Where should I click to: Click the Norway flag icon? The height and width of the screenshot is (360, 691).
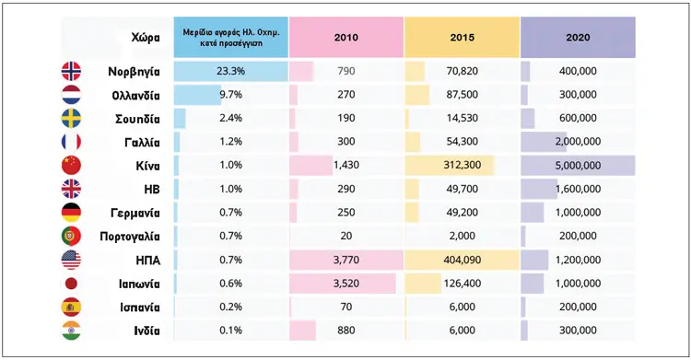point(71,71)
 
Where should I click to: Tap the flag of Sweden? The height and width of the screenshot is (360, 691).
point(71,118)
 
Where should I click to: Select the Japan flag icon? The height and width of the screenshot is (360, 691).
point(71,284)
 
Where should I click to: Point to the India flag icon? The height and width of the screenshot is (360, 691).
point(71,331)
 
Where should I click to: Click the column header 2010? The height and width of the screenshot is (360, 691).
point(345,38)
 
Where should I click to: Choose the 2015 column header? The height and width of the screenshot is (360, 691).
point(462,38)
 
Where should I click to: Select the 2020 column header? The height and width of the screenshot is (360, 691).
point(578,38)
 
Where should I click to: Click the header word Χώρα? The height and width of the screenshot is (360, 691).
point(146,38)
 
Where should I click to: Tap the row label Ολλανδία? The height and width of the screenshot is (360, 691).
point(135,95)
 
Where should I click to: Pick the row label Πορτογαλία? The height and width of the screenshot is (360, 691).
point(130,237)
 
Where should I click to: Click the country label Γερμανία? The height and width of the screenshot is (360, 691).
point(135,214)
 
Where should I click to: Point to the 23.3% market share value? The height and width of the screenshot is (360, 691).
point(230,71)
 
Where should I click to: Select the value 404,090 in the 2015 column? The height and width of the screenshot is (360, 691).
point(462,260)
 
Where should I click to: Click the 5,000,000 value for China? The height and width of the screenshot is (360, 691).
point(578,165)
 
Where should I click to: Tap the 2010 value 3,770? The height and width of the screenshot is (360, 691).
point(345,260)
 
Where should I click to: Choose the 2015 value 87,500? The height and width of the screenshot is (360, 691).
point(462,94)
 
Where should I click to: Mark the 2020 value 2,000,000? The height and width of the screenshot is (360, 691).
point(578,142)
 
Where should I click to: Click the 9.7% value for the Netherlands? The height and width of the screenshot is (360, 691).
point(230,94)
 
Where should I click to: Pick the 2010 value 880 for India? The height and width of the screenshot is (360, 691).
point(345,331)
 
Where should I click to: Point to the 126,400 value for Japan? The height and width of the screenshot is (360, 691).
point(462,284)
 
